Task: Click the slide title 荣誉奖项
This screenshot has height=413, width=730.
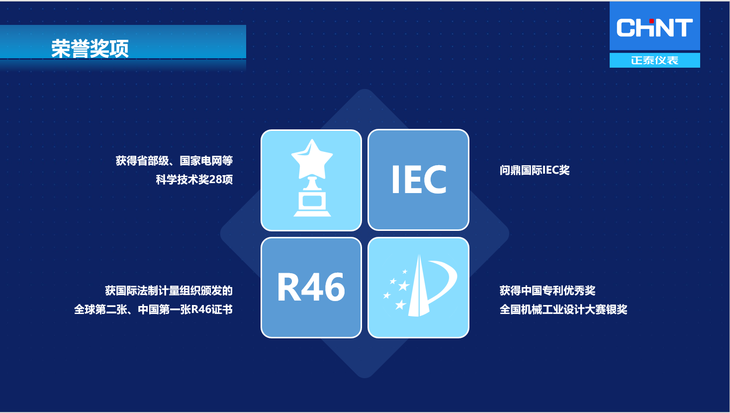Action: tap(90, 49)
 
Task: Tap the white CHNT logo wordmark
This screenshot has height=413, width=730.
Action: tap(654, 27)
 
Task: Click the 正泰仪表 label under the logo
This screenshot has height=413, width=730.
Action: tap(655, 60)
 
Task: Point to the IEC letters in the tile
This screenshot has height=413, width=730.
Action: tap(419, 179)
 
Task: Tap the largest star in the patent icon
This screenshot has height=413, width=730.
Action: tap(403, 286)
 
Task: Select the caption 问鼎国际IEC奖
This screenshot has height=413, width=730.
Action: tap(535, 170)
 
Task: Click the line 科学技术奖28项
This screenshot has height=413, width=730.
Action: tap(194, 180)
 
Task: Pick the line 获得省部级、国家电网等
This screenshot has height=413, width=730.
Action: tap(175, 161)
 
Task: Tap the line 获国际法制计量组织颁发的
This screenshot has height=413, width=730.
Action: tap(169, 291)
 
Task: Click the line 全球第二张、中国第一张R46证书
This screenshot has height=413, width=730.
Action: tap(153, 310)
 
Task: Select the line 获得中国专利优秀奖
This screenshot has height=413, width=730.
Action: tap(547, 291)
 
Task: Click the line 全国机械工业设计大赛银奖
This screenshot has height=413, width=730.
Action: tap(563, 310)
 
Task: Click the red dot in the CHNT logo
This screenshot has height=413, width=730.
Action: tap(651, 21)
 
